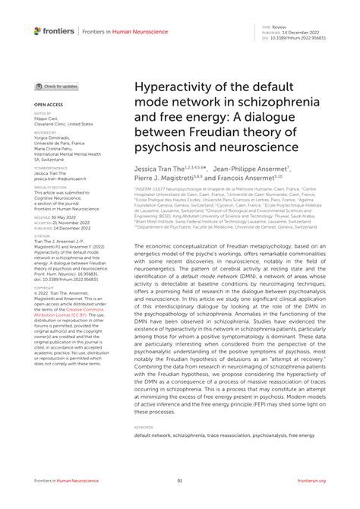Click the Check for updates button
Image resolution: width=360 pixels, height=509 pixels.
click(56, 87)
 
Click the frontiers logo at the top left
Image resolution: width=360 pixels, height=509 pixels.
click(54, 30)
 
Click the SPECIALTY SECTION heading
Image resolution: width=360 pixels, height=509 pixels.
click(50, 187)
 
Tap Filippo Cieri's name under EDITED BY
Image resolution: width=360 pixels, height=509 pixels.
click(46, 119)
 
